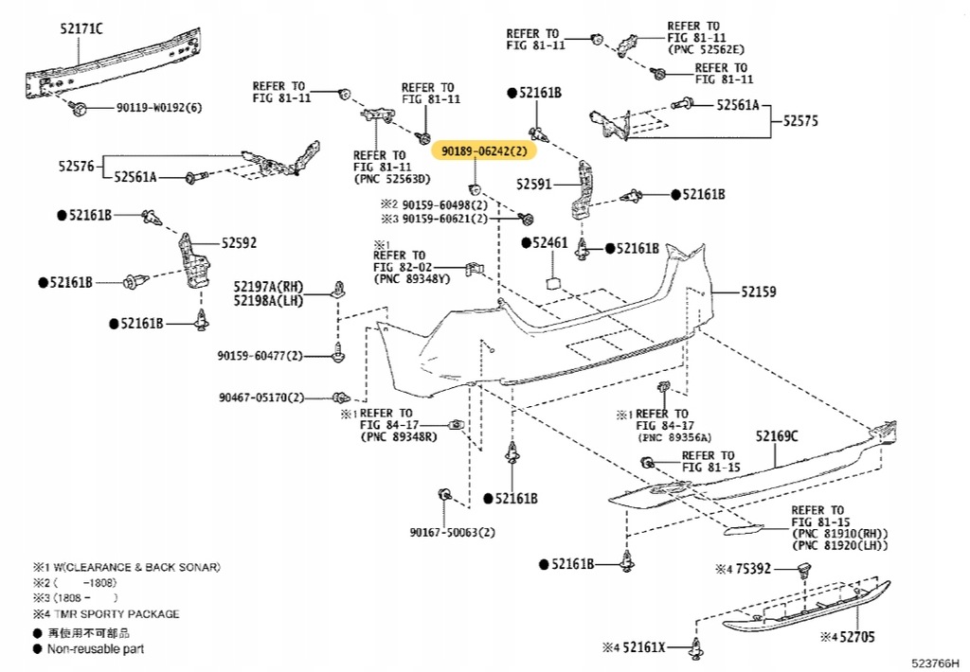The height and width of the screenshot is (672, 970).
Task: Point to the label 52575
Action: click(800, 121)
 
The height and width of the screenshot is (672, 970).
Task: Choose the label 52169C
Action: click(777, 436)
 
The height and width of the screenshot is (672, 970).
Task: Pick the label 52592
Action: click(239, 243)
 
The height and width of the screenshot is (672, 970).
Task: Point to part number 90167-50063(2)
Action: click(453, 532)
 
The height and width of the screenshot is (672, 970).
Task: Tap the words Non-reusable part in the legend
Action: click(96, 648)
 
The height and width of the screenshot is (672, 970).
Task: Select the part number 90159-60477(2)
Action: click(260, 356)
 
